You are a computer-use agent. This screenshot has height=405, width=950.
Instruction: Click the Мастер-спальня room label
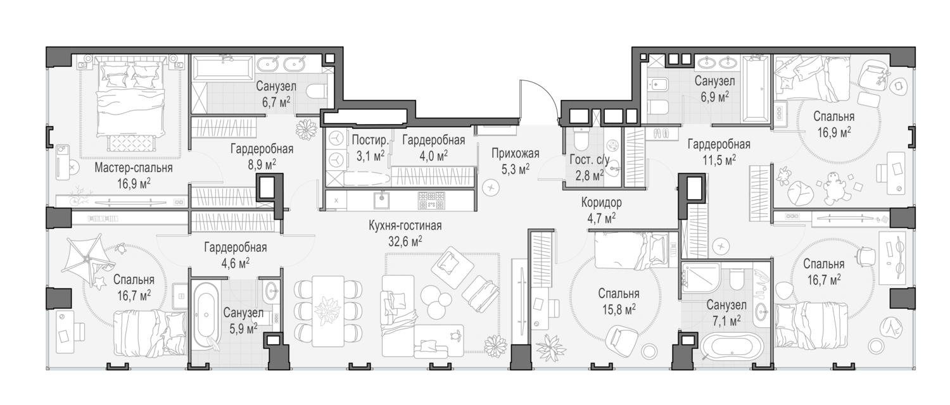coord(133,168)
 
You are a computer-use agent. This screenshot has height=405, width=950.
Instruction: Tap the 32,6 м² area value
coord(405,241)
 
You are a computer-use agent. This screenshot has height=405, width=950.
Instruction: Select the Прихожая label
coord(516,153)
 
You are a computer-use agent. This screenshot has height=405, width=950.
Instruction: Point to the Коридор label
coord(602,202)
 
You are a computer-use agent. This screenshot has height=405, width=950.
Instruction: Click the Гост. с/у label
coord(590,159)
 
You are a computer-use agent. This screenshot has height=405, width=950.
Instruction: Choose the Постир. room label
coord(370,140)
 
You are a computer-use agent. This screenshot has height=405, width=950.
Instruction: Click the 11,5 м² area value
coord(719,160)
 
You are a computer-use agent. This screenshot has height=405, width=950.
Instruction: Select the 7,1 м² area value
coord(726,321)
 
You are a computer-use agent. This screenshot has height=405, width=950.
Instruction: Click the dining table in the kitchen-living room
coord(328,311)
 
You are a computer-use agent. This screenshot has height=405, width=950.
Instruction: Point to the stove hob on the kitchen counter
coord(432,200)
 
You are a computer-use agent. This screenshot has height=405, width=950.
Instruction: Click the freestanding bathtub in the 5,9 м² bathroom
coord(206,315)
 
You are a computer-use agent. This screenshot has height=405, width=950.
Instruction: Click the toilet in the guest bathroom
coord(578,139)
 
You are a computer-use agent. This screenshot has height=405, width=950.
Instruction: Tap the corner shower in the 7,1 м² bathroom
coord(700,278)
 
